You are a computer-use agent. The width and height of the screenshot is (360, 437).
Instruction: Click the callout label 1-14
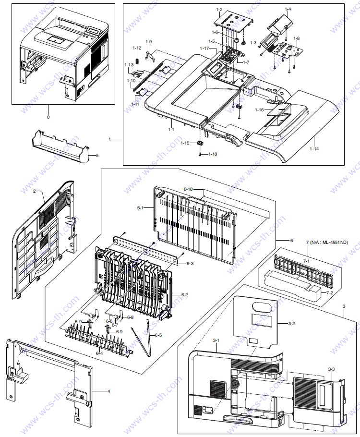coord(314,148)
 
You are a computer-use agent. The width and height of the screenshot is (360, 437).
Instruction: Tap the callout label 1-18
coord(213,154)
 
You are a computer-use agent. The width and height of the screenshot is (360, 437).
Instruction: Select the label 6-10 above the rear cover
coord(188,189)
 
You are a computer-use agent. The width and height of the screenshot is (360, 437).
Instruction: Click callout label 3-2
coord(291,323)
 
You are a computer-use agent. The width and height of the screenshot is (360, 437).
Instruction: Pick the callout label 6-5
coord(158,335)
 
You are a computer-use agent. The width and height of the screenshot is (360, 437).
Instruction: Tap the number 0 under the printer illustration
coord(48,117)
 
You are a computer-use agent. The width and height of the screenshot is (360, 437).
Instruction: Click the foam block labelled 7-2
coord(293,286)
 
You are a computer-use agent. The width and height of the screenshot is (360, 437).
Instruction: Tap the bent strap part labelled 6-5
coord(143,340)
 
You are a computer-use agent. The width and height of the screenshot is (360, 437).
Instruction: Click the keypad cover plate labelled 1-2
coord(233,22)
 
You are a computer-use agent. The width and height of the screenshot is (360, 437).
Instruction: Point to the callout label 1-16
coord(259,110)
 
